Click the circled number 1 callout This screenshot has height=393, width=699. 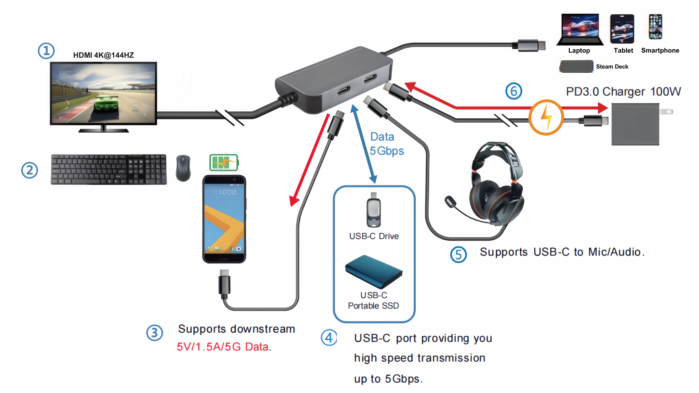pos(46,51)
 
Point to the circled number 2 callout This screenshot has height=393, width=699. pos(29,170)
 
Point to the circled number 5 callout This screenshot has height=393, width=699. pos(458,254)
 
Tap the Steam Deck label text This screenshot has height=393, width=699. pos(612,67)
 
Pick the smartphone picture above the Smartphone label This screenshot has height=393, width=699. pos(655,27)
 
